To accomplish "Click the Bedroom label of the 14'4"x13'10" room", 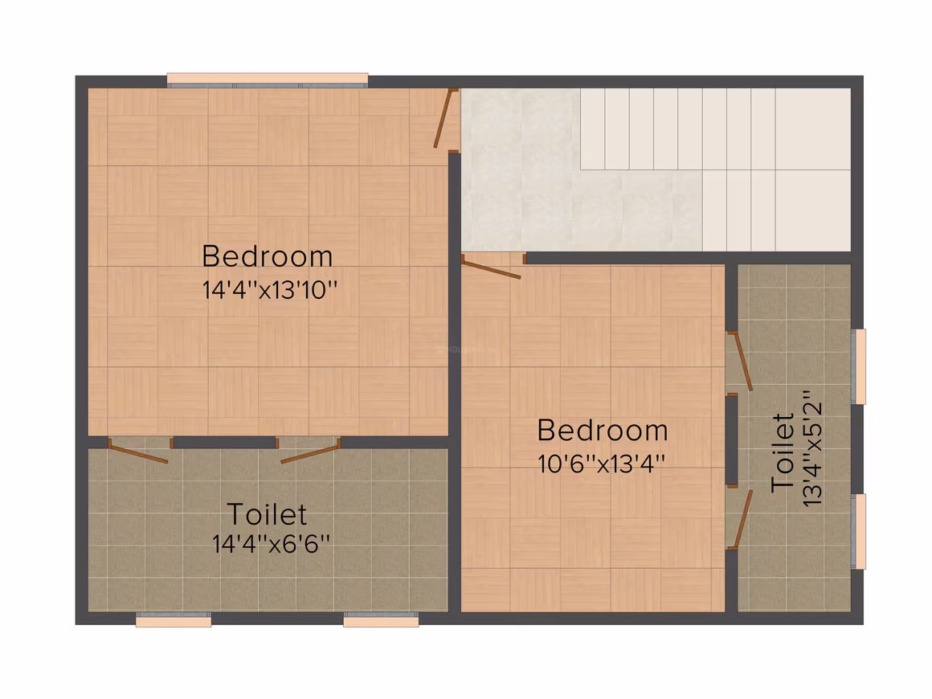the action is point(267,256).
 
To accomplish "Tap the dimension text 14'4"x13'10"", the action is point(269,290).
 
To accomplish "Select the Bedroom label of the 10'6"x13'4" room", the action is point(603,431).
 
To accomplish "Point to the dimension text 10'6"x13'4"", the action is point(601,464).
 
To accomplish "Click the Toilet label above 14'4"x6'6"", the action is point(267,514).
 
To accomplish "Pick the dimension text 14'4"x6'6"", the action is point(271,543).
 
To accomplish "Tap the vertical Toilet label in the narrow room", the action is point(783,453).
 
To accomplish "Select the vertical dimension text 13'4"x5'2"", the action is point(812,448).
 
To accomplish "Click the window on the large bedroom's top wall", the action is point(268,80).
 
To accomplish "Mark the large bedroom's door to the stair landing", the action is point(444,118).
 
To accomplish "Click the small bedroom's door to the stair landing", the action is point(491,267).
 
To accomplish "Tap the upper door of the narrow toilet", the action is point(739,362).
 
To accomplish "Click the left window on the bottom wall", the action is point(174,619).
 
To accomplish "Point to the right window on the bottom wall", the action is point(381,619).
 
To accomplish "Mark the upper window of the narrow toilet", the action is point(858,366).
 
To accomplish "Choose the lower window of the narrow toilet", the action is point(858,531).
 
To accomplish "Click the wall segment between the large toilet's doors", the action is point(225,443).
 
